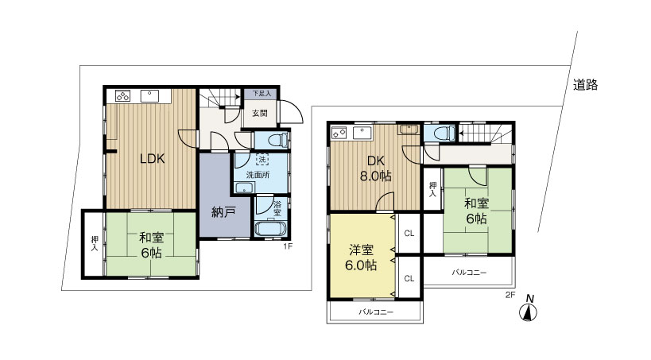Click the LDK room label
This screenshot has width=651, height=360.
pos(153,159)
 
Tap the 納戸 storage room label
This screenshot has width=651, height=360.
pos(224,212)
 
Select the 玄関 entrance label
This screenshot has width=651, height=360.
pos(260,113)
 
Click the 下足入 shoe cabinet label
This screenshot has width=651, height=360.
pos(262,94)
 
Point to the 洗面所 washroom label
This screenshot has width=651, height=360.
pos(258,175)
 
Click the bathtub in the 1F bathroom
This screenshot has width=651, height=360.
pos(269,229)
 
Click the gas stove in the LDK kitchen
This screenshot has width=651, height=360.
pos(123,96)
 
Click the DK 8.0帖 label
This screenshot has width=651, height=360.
pos(375,168)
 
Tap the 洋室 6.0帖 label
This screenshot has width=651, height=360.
pos(361,257)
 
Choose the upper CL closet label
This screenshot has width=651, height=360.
pos(409,234)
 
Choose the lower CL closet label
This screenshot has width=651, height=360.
pos(409,279)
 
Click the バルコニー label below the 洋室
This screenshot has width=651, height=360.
pos(376,312)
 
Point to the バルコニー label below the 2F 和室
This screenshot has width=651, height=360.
pos(469,273)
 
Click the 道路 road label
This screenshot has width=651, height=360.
pos(585,85)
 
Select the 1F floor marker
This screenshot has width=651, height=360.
pos(288,246)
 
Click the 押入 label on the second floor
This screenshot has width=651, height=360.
pos(432,189)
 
